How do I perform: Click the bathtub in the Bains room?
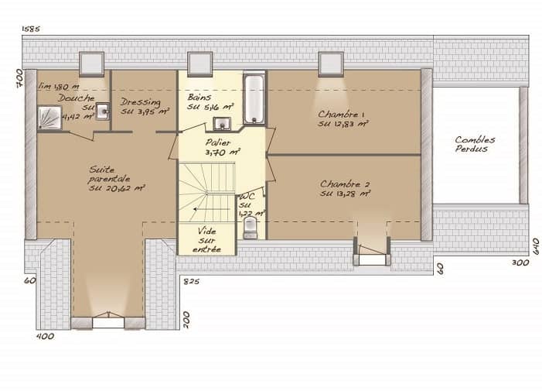(254, 99)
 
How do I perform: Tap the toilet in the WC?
(249, 226)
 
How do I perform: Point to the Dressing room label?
(141, 102)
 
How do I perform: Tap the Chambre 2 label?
(344, 185)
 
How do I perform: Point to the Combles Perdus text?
(475, 144)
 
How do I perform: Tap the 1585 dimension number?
(31, 29)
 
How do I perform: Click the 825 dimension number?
(192, 282)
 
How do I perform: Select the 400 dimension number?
(46, 337)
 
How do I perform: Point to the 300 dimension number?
(520, 263)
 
